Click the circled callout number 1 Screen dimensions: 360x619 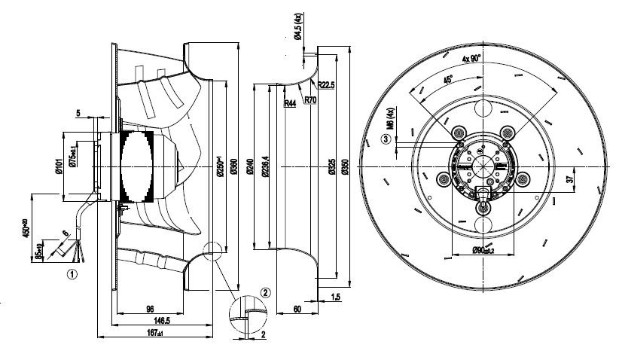pos(72,275)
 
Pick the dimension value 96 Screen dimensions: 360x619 pos(150,309)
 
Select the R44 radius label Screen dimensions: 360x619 pos(290,103)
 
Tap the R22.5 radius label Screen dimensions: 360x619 pos(327,84)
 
